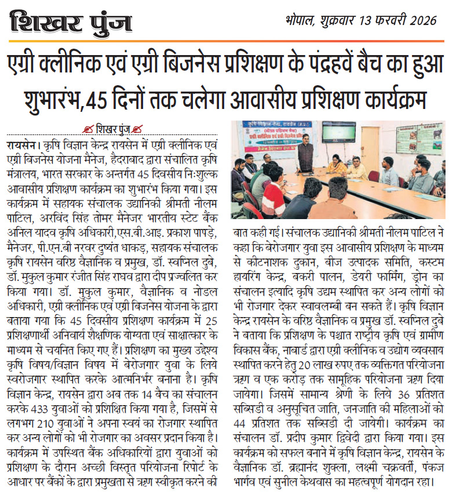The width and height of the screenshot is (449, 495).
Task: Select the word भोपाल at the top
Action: (x=300, y=22)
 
